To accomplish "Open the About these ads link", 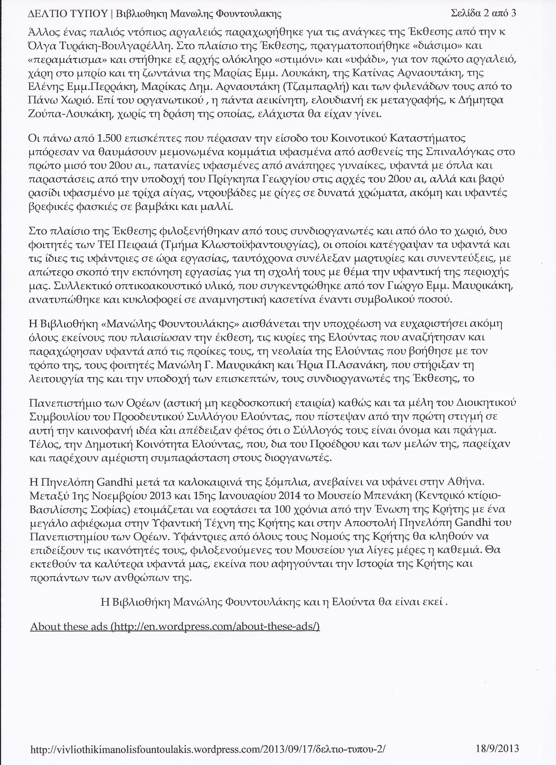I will [175, 627].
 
